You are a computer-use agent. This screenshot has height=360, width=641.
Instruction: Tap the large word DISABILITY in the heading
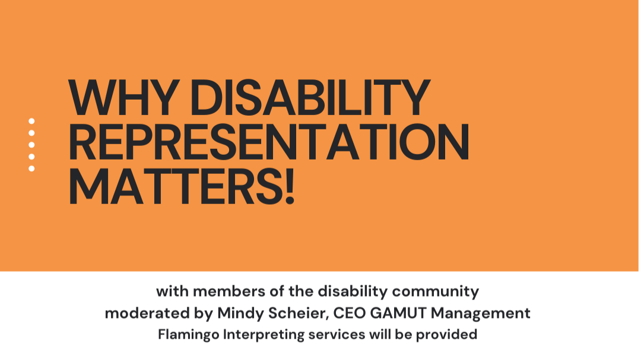(308, 97)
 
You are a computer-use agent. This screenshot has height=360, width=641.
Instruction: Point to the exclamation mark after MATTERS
(289, 186)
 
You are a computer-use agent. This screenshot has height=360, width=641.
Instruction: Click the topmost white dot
(31, 121)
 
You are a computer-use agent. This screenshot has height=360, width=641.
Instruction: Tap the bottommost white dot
(31, 168)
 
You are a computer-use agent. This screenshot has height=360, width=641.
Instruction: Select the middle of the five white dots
(31, 145)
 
